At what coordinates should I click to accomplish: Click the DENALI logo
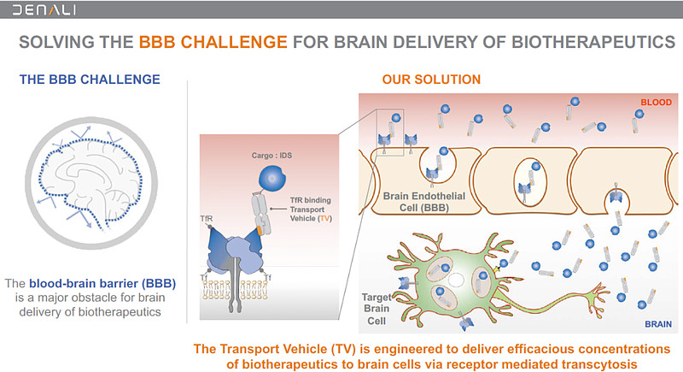point(43,10)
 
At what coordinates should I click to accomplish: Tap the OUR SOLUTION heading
point(431,80)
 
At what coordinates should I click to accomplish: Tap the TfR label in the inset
point(207,219)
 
